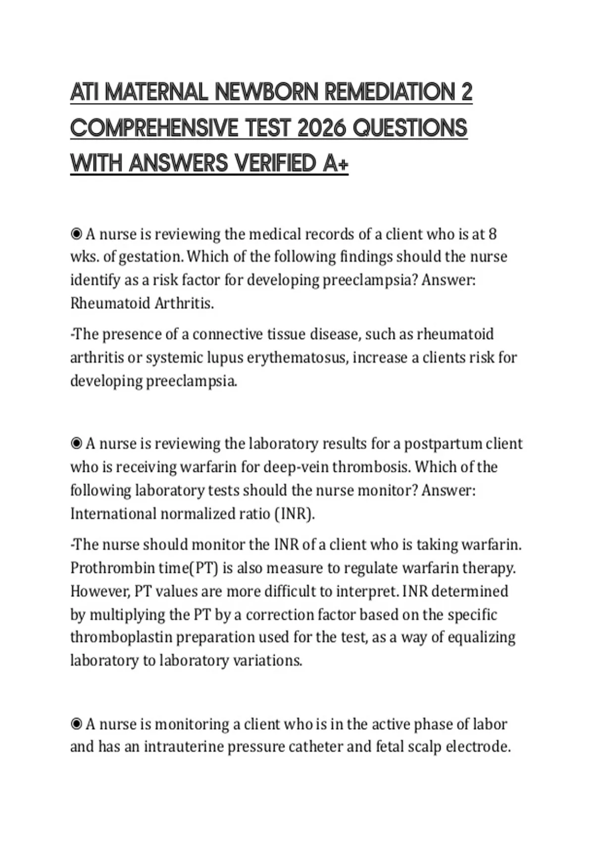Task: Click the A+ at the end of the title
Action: [336, 163]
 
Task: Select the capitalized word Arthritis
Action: [184, 303]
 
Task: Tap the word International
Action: [113, 514]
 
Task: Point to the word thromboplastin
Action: [121, 637]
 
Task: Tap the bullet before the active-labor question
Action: [76, 724]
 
